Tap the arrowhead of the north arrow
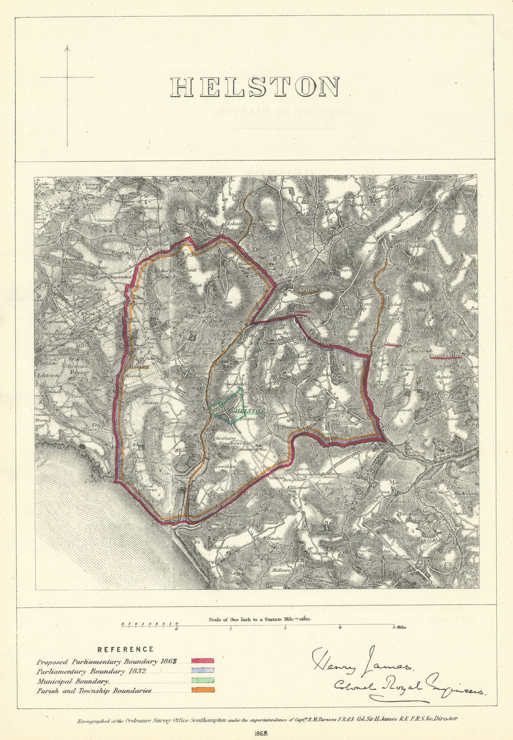coord(67,47)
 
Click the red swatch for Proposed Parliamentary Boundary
coord(202,661)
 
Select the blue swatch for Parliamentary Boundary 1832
coord(202,670)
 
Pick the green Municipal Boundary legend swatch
coord(202,680)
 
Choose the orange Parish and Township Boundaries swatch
coord(202,690)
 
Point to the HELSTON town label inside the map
coord(250,410)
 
